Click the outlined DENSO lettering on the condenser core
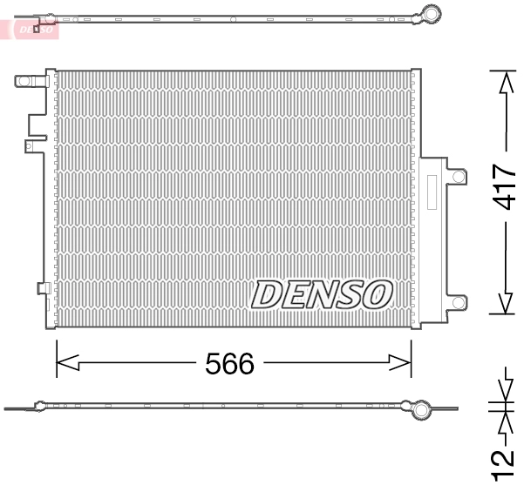click(x=320, y=295)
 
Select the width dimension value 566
click(x=230, y=363)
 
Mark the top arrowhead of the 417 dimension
click(x=503, y=80)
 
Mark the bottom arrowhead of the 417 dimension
click(x=503, y=305)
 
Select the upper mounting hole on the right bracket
click(x=457, y=176)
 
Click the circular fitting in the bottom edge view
click(x=421, y=409)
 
